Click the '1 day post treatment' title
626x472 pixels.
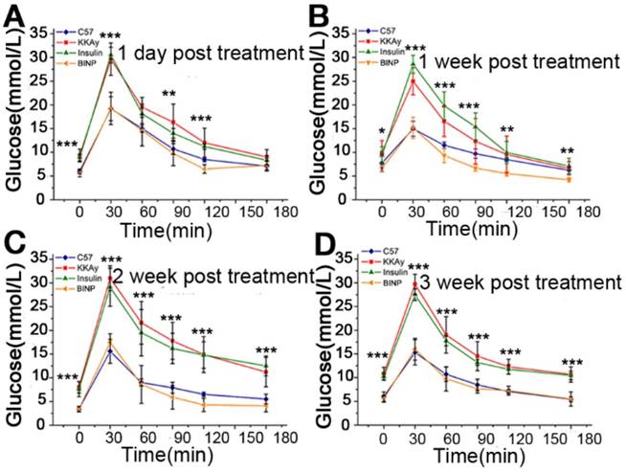pos(210,52)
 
